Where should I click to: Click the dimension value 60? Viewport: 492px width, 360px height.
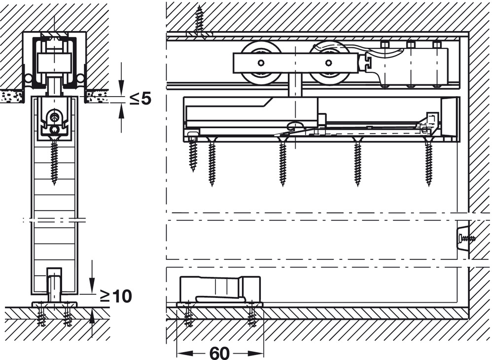219,353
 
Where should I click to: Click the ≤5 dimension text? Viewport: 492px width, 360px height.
140,99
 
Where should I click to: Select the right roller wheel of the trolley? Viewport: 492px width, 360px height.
329,63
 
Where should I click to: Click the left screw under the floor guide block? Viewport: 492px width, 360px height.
188,316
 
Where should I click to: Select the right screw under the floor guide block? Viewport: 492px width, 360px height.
252,316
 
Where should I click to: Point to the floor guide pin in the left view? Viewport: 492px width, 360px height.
54,284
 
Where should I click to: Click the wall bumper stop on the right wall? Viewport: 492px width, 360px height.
462,239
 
